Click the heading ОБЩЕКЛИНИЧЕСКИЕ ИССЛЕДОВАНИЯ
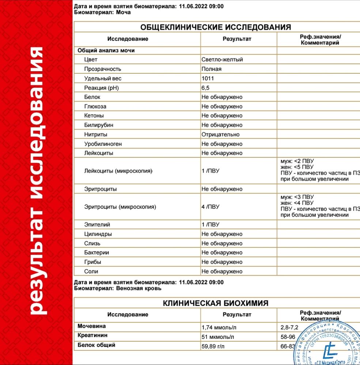[x=216, y=27]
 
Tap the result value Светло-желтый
[x=222, y=59]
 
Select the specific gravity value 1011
[x=208, y=78]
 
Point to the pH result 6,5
[x=205, y=88]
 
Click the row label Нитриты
[x=95, y=134]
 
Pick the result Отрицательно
[x=220, y=134]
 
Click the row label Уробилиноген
[x=103, y=144]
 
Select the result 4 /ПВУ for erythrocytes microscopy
[x=210, y=207]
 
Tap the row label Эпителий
[x=97, y=225]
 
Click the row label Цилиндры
[x=98, y=234]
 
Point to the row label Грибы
[x=92, y=262]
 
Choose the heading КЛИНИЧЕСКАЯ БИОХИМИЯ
[x=216, y=303]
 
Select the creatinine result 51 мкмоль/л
[x=218, y=337]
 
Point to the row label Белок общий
[x=96, y=345]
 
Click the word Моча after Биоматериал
[x=123, y=12]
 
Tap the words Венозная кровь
[x=139, y=288]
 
